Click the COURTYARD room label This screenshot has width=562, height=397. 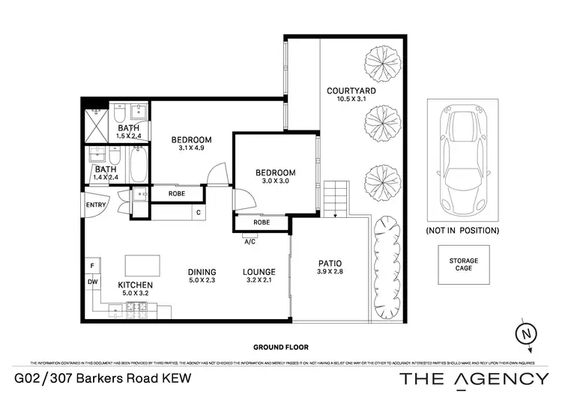click(351, 91)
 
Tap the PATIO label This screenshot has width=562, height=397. click(330, 263)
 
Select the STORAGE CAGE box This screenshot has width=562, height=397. click(464, 264)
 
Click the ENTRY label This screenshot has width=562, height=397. click(96, 205)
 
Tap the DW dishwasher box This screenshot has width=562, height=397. click(91, 282)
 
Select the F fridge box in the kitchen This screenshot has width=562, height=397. click(91, 266)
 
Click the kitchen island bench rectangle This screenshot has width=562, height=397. click(142, 264)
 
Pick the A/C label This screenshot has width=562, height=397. click(250, 241)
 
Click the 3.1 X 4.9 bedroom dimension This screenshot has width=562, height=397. click(191, 148)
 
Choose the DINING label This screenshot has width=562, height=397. click(202, 272)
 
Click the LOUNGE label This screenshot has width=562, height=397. click(259, 272)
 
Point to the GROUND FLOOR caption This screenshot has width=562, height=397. click(281, 348)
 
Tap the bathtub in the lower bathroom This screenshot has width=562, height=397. click(139, 165)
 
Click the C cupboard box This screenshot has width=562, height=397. click(198, 213)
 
